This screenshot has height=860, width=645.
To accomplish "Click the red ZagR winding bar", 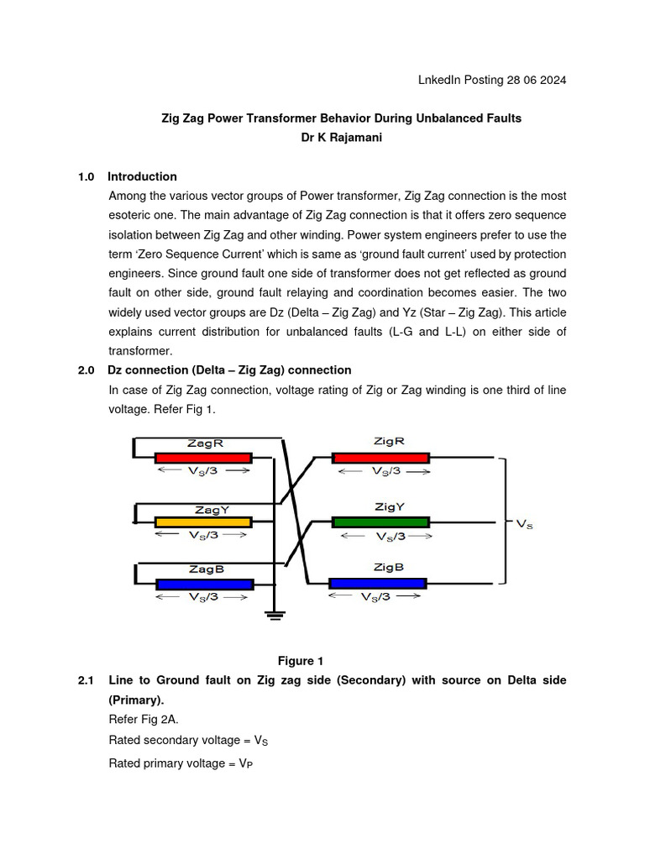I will point(203,458).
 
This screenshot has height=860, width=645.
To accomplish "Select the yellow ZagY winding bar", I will point(203,522).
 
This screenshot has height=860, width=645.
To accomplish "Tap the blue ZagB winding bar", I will point(204,585).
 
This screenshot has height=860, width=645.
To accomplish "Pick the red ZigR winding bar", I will point(380,458).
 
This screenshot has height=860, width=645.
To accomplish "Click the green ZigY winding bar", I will point(380,522).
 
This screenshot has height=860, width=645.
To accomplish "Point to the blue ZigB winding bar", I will point(378,584).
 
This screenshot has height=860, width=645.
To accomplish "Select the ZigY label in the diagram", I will point(390,506).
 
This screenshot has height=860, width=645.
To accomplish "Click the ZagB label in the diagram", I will point(205,569).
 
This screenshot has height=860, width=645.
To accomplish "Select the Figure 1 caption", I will point(301,661).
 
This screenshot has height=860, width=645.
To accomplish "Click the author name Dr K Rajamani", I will point(341,138).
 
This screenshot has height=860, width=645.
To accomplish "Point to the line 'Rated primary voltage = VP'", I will point(180,763).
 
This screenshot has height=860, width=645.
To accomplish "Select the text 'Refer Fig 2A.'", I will point(143,719).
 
